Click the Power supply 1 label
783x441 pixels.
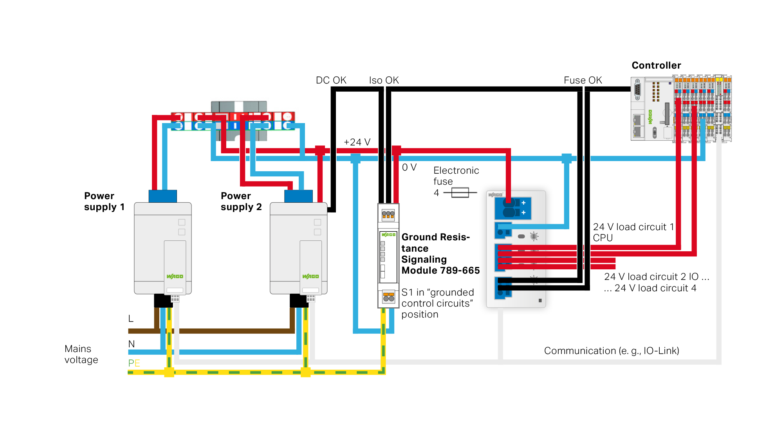click(104, 201)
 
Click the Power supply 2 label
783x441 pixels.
click(241, 201)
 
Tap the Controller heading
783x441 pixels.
click(656, 65)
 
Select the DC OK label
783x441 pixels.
click(331, 80)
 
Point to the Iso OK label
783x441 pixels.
click(384, 80)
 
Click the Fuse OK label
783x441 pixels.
click(583, 80)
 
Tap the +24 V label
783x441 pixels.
click(357, 142)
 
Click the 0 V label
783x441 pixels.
click(409, 167)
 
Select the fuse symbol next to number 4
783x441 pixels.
click(460, 192)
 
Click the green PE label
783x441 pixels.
click(134, 363)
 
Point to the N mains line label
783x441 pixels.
click(132, 344)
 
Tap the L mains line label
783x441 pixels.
click(131, 319)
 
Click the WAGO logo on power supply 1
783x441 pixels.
click(175, 276)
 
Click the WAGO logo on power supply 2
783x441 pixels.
click(310, 276)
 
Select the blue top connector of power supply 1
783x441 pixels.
click(162, 196)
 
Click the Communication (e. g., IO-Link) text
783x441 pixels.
click(611, 350)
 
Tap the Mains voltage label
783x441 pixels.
click(81, 354)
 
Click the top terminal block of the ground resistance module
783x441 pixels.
click(388, 214)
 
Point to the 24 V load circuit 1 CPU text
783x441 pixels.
click(633, 232)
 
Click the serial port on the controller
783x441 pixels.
click(637, 90)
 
